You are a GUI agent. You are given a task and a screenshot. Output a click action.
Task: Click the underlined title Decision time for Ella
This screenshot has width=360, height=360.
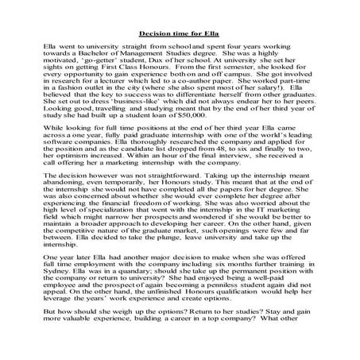click(x=180, y=34)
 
